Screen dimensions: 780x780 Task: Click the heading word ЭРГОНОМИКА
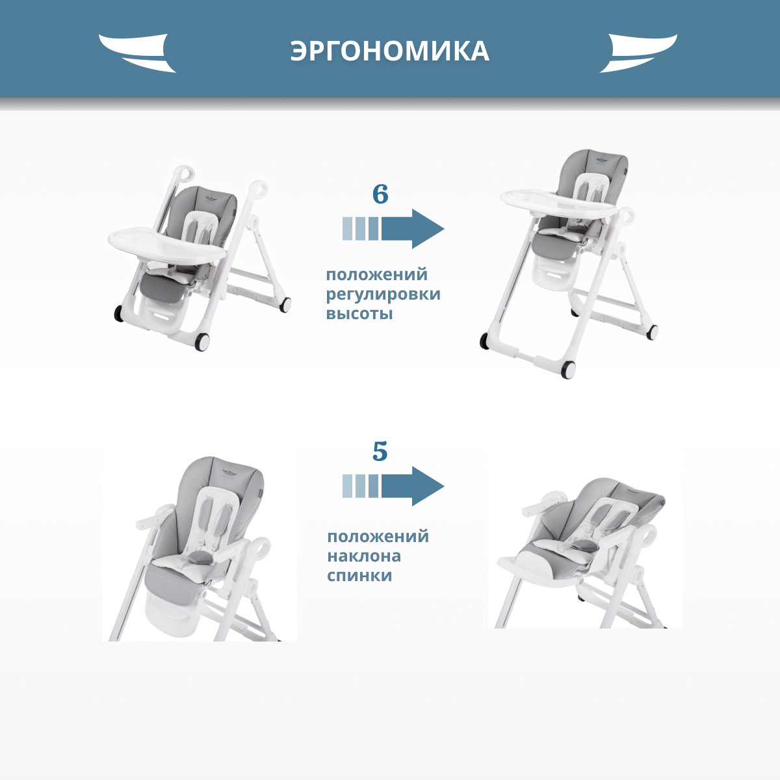point(390,51)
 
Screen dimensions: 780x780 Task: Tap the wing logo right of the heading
point(638,53)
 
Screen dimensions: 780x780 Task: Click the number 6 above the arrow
point(380,194)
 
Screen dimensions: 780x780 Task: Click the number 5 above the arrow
point(380,451)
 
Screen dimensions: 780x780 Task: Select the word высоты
point(359,314)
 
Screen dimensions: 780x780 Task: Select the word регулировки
point(383,294)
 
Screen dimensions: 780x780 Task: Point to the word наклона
point(364,556)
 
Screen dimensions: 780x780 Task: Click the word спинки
point(359,576)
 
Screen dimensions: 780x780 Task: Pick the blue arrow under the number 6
point(393,229)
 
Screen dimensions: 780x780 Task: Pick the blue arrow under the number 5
point(393,486)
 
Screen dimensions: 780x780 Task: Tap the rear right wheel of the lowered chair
point(285,304)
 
